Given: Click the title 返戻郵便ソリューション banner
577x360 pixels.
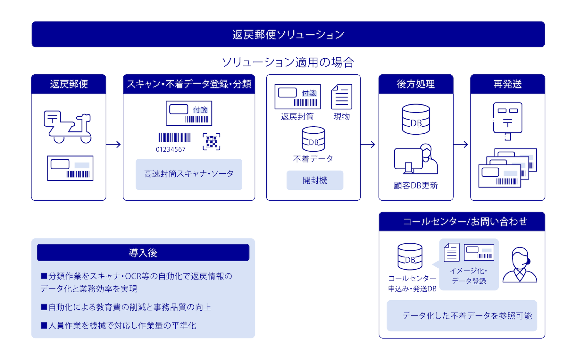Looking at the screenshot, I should click(288, 34).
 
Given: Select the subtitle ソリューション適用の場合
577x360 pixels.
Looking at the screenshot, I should click(288, 62).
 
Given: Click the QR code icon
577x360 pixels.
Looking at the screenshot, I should click(212, 142).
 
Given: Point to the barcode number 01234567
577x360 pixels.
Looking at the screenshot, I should click(171, 149).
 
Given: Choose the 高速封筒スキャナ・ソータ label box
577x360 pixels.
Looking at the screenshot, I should click(189, 174).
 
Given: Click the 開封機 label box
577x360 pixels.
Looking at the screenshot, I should click(315, 180).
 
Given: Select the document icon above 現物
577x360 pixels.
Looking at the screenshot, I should click(342, 96).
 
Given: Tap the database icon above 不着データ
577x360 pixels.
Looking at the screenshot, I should click(314, 139).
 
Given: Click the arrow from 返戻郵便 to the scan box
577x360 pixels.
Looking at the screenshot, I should click(113, 145).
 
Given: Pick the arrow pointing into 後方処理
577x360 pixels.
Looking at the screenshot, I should click(368, 145).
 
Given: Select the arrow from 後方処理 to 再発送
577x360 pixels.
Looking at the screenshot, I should click(461, 145).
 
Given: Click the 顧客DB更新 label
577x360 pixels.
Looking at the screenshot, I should click(416, 186).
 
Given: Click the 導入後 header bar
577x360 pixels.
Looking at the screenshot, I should click(143, 253).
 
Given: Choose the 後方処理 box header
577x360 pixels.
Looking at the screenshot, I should click(416, 84).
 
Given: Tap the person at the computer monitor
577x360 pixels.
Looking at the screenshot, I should click(416, 159).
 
